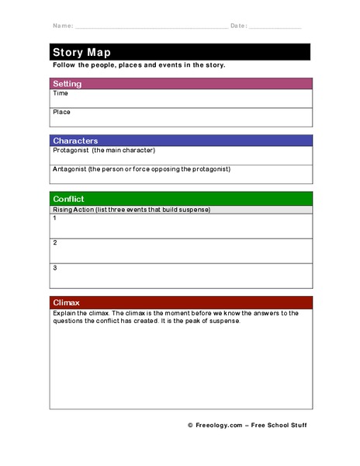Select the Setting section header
67,84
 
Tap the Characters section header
75,141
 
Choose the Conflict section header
69,199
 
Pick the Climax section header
66,302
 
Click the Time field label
60,94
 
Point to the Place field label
61,113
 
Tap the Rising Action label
74,210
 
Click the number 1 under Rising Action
54,219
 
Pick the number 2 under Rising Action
54,243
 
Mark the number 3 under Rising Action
54,268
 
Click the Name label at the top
62,26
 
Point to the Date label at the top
238,26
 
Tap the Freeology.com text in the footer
220,426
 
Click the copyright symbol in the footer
189,426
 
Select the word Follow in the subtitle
64,65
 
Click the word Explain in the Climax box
65,313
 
